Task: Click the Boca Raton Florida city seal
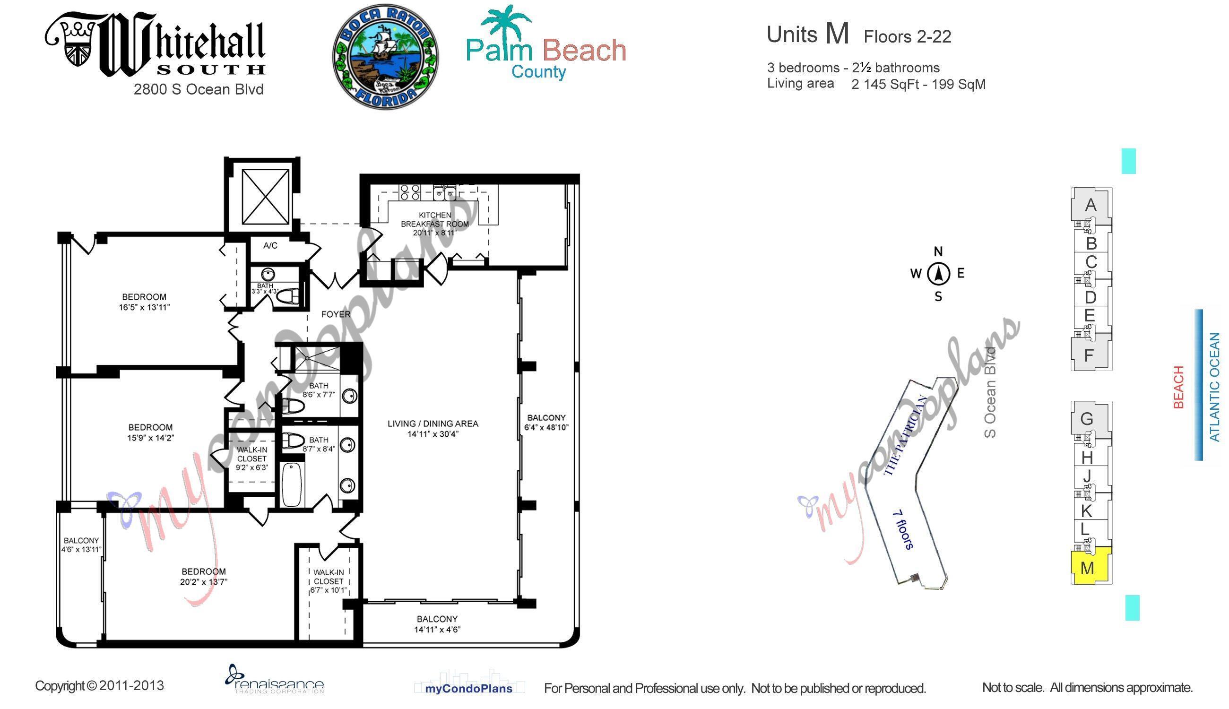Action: (x=385, y=57)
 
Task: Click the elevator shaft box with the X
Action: (x=265, y=197)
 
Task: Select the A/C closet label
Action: (x=270, y=245)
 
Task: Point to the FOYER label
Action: (x=336, y=314)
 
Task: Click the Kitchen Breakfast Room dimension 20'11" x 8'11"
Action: (x=434, y=233)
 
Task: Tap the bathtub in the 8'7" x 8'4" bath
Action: (x=292, y=484)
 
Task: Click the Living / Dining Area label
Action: (x=433, y=424)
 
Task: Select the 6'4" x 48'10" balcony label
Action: (x=546, y=423)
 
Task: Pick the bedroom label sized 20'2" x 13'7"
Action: (x=204, y=576)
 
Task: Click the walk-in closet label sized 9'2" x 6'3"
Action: (x=252, y=458)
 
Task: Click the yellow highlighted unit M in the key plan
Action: (x=1090, y=567)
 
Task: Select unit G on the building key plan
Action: (x=1087, y=418)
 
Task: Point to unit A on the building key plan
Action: (x=1091, y=205)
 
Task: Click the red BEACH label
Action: (x=1178, y=387)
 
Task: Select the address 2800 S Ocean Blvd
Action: (x=199, y=89)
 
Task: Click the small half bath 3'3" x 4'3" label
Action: (x=265, y=289)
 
